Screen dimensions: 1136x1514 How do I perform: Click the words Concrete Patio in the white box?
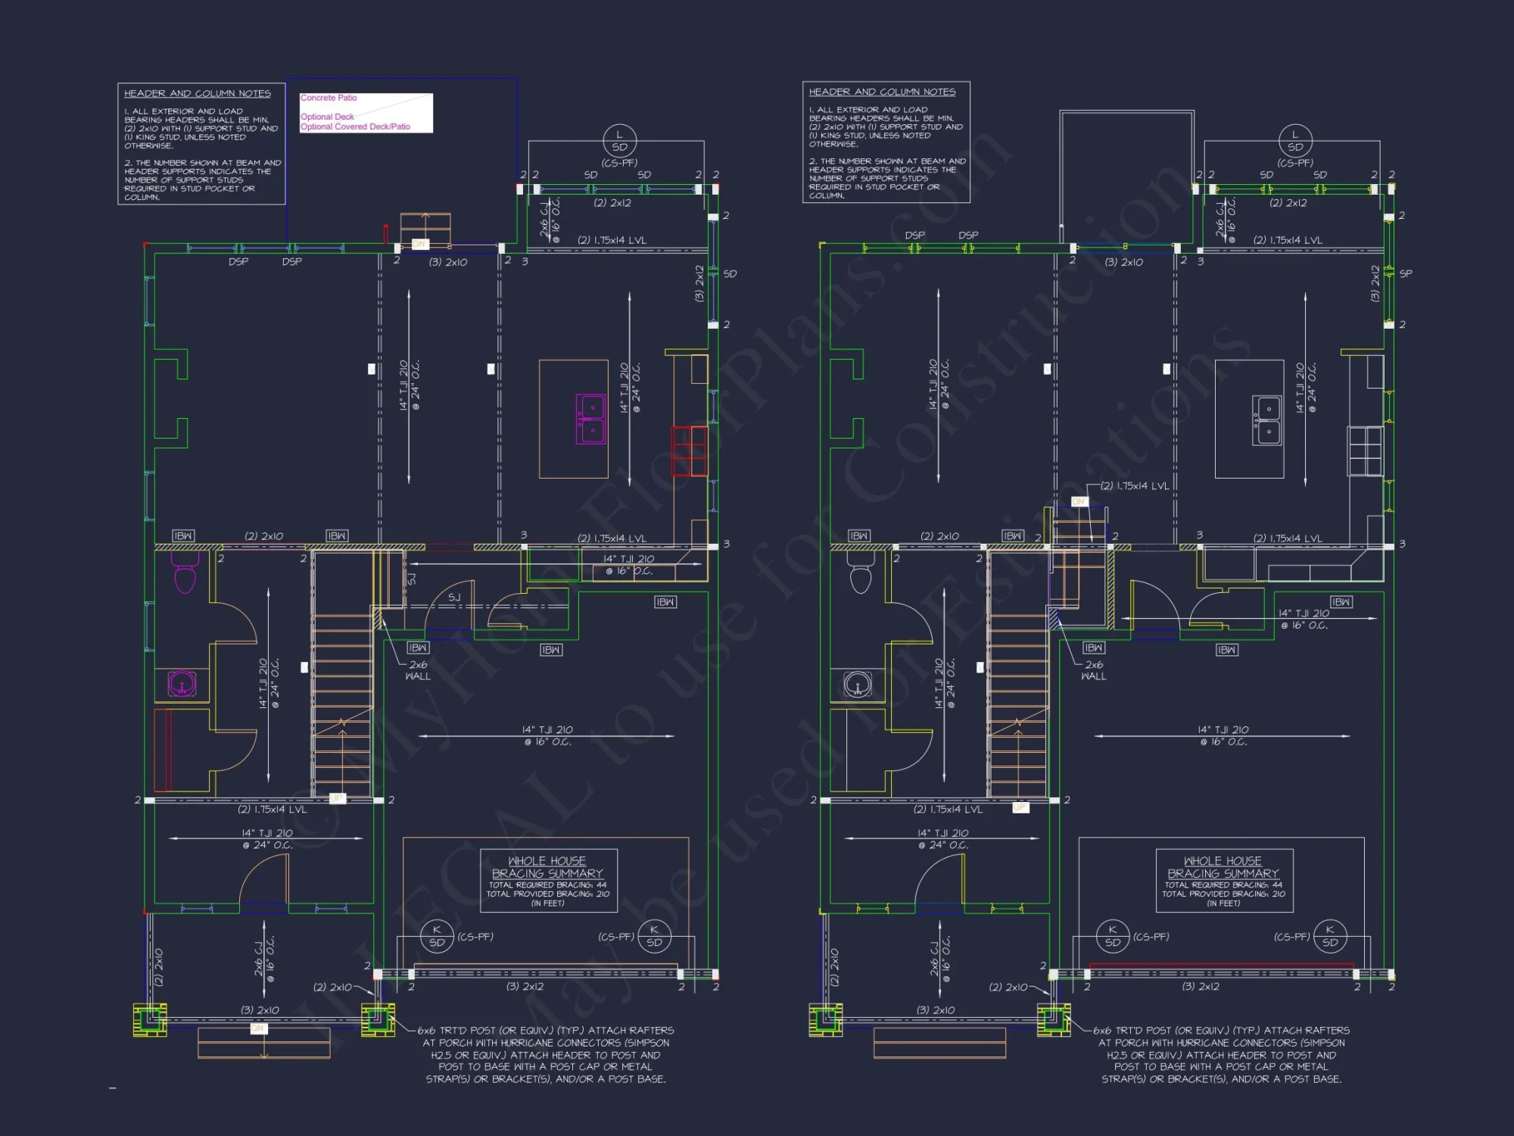tap(329, 98)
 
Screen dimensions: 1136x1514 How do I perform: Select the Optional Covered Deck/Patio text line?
tap(355, 126)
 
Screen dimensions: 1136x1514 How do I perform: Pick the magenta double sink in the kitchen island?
tap(590, 419)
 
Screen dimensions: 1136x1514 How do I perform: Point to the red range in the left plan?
tap(689, 451)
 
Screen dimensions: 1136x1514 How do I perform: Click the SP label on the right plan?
tap(1406, 273)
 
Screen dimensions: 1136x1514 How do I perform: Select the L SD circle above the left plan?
tap(619, 141)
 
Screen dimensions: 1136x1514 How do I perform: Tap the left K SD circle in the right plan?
tap(1113, 936)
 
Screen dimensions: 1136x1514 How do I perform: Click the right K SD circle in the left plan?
tap(654, 936)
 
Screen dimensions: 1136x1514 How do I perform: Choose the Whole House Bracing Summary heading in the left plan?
tap(547, 867)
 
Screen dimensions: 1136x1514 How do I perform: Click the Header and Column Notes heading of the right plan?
tap(882, 92)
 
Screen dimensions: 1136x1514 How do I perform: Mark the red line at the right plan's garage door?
tap(1221, 965)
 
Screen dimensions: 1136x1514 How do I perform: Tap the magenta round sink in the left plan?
tap(182, 683)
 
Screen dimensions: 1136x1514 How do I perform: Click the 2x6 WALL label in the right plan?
tap(1093, 670)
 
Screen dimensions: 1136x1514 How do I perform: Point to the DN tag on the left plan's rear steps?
tap(419, 244)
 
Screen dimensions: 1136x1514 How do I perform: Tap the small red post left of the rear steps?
tap(385, 233)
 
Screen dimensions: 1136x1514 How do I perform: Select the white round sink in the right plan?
tap(858, 684)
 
